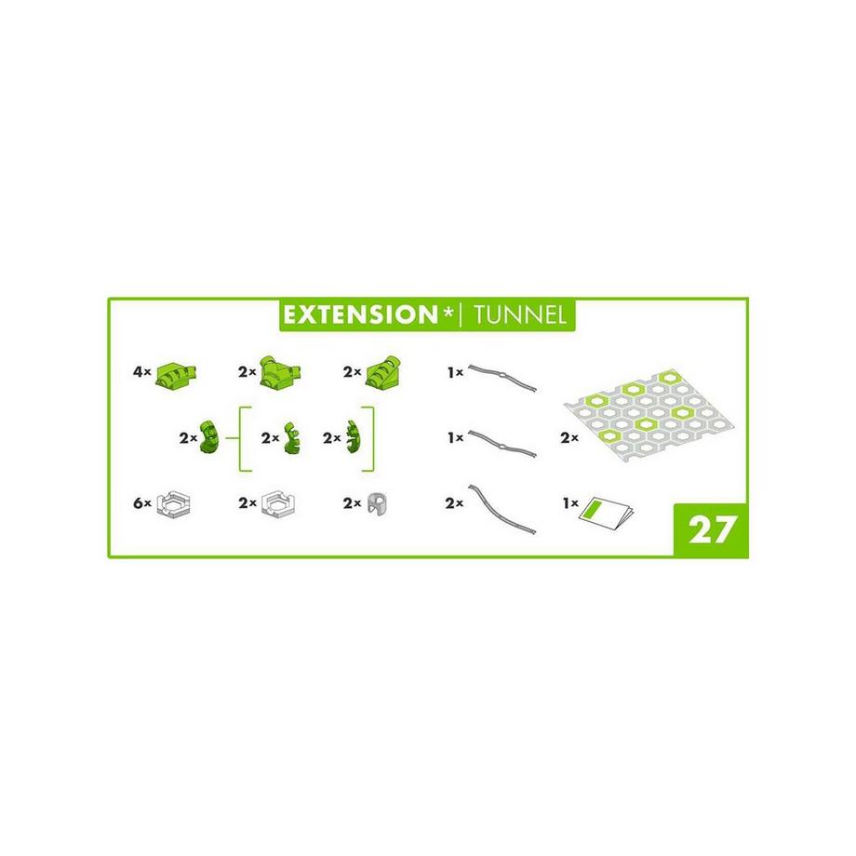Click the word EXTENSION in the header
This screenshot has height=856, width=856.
pos(361,314)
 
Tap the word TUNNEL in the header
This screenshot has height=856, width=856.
pos(519,315)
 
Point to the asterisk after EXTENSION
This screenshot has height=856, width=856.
pos(448,311)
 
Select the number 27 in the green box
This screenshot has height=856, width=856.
pos(712,529)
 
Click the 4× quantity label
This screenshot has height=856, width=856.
pos(142,372)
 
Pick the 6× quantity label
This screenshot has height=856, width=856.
pos(142,502)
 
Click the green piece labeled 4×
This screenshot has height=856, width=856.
pos(177,374)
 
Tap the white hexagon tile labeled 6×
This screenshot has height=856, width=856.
pos(173,504)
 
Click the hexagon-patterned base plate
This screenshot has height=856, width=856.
pos(648,418)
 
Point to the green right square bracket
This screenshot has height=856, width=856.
pos(371,438)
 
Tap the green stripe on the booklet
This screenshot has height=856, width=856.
pos(594,509)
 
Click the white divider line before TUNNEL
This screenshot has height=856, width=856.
pos(461,315)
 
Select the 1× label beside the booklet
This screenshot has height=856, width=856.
pos(570,502)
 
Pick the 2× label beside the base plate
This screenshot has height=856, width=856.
pos(569,438)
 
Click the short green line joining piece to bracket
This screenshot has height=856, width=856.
pos(232,438)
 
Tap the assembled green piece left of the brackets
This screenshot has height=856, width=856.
pos(210,437)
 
